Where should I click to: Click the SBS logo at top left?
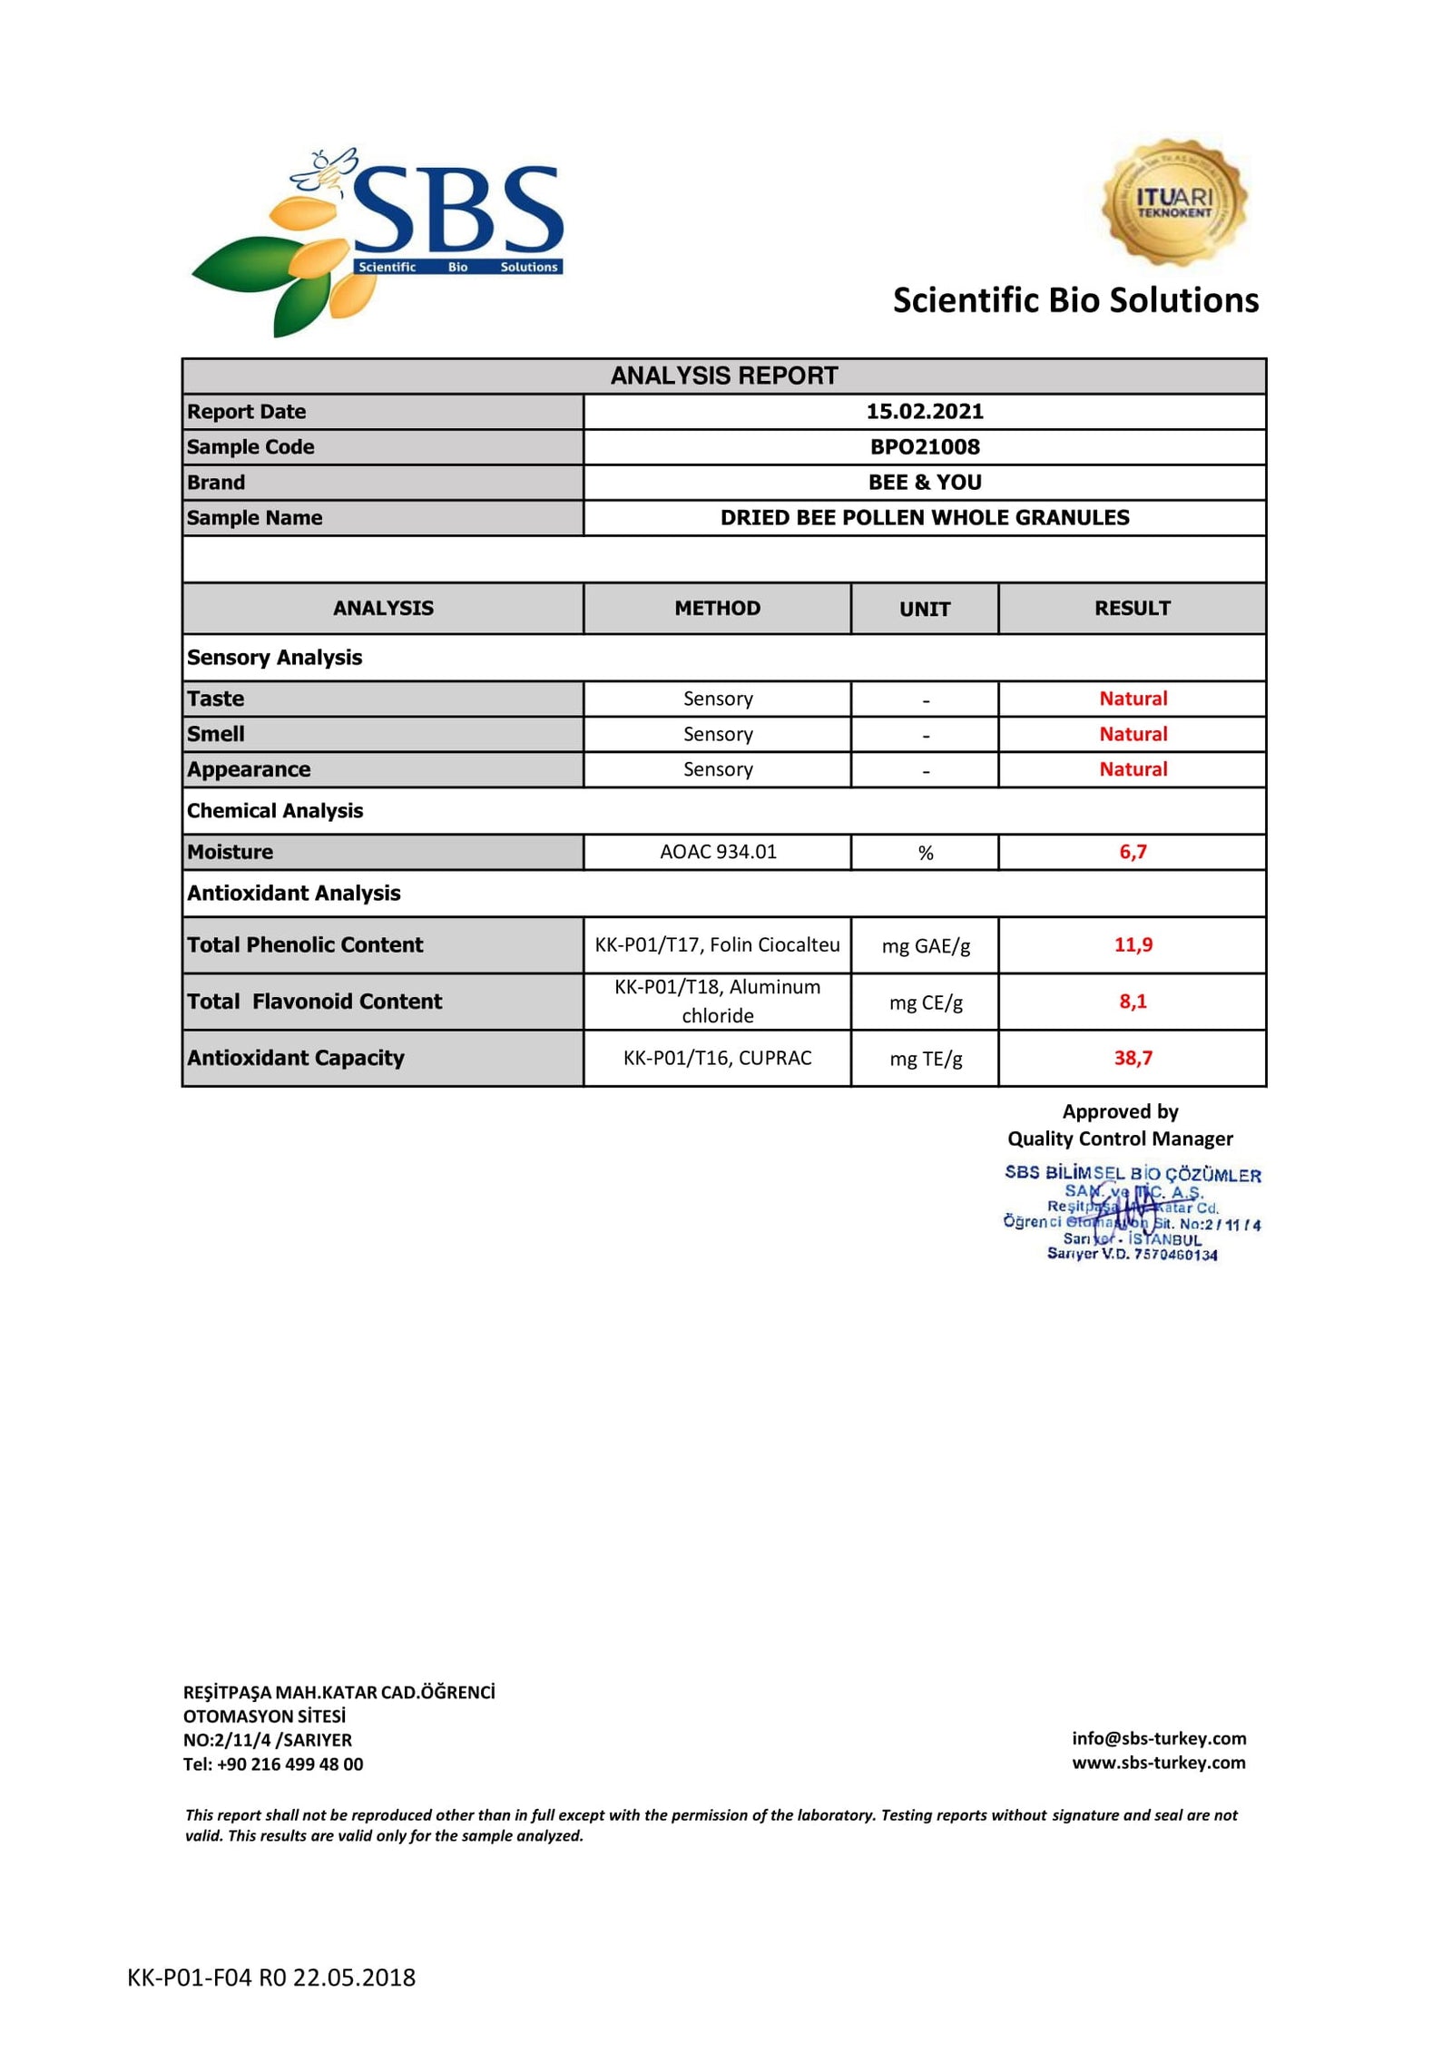click(x=377, y=240)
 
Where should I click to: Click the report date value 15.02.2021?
click(x=924, y=412)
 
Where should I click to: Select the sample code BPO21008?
click(x=924, y=447)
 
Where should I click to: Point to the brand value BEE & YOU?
click(x=924, y=483)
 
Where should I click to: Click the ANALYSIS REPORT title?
click(x=723, y=376)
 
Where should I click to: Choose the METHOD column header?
click(x=717, y=608)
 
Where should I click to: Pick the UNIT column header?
click(x=924, y=609)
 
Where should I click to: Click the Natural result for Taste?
click(x=1133, y=699)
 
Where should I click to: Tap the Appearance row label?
click(x=249, y=769)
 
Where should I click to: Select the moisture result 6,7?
click(x=1133, y=852)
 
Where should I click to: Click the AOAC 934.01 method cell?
click(x=717, y=852)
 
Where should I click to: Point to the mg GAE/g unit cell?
click(x=925, y=946)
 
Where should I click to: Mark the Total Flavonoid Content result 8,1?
click(x=1133, y=1002)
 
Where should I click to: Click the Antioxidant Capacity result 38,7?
click(x=1133, y=1058)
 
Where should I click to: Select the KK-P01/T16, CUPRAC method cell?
click(x=717, y=1058)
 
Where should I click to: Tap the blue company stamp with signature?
click(x=1131, y=1213)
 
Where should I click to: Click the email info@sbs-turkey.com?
click(x=1158, y=1738)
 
